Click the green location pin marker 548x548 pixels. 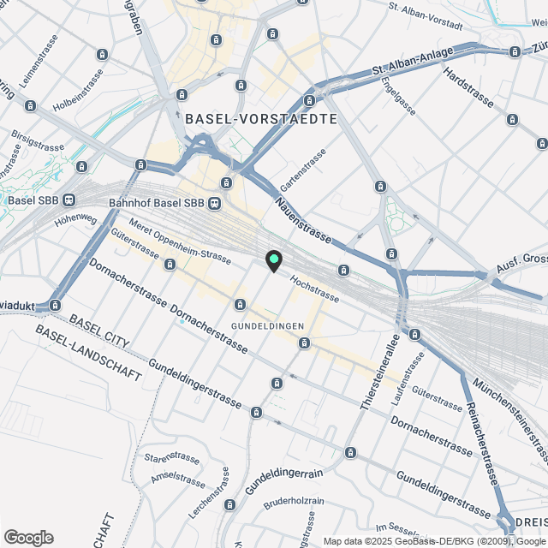point(273,259)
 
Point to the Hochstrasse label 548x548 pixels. point(314,289)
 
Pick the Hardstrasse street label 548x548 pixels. point(468,88)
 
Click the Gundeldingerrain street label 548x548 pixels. point(283,479)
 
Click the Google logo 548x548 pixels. point(28,537)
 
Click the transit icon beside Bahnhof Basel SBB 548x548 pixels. point(214,203)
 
